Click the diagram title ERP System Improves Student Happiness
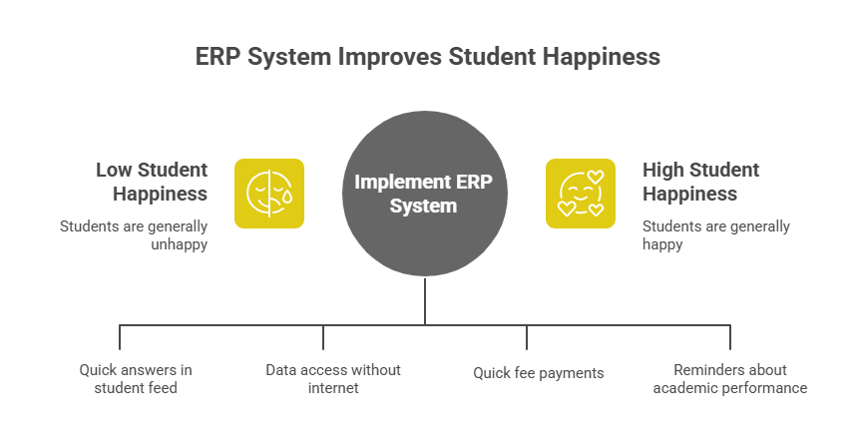[427, 57]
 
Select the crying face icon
[269, 194]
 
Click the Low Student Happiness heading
[152, 182]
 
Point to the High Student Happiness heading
[700, 182]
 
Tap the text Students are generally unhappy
[134, 235]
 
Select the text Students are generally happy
[715, 235]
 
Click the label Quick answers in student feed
[136, 378]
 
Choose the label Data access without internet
[333, 378]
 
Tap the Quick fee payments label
[538, 373]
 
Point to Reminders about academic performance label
[730, 378]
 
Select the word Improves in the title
[390, 57]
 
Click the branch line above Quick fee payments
[527, 336]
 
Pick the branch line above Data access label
[323, 336]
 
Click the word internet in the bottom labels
[333, 387]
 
